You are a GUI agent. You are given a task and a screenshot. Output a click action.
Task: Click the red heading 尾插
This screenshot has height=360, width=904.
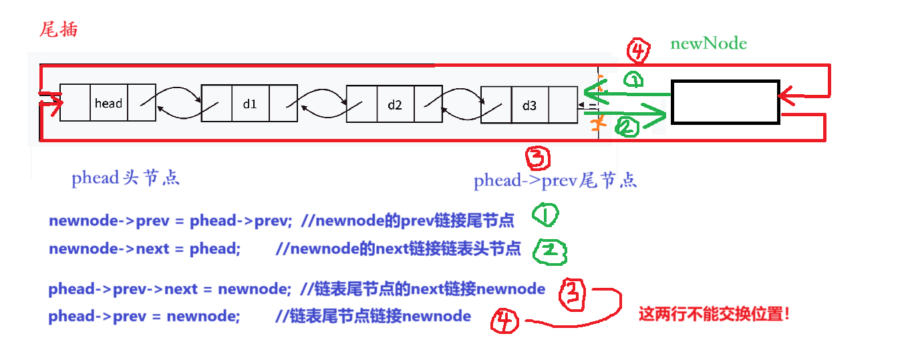coord(59,30)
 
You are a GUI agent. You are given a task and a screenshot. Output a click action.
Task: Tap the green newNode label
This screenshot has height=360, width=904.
coord(708,44)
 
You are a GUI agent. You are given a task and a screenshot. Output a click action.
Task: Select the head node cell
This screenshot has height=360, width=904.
coord(108,103)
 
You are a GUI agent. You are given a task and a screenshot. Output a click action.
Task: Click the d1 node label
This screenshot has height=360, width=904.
coord(250,104)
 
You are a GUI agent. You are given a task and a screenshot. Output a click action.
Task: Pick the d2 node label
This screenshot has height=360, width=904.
coord(395,105)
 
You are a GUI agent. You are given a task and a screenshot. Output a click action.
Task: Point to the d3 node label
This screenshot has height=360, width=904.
coord(529,106)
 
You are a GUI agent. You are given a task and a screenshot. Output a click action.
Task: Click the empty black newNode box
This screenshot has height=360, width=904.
coord(725,102)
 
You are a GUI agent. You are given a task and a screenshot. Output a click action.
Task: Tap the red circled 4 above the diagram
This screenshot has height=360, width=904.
coord(639,50)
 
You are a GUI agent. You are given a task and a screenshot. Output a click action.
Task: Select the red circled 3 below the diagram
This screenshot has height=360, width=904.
coord(538,158)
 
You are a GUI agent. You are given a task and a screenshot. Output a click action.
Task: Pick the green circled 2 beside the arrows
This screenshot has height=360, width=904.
coord(627,127)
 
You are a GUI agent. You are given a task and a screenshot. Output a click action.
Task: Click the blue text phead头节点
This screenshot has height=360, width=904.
coord(126,178)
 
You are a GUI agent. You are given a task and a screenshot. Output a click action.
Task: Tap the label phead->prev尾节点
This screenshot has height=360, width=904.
coord(555,181)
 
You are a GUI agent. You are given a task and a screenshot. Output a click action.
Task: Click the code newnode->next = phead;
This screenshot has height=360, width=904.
coord(144,249)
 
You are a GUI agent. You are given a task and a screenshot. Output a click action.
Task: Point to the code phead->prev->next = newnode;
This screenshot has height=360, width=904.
coord(170,289)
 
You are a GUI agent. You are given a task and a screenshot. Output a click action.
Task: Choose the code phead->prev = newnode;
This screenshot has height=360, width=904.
coord(144,316)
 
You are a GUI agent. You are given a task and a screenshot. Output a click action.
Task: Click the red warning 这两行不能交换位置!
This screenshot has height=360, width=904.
coord(714,313)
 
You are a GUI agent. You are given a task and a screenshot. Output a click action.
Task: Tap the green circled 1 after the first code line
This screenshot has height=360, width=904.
coord(546,216)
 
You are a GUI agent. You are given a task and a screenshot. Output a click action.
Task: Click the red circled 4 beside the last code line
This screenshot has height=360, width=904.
coord(505,323)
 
